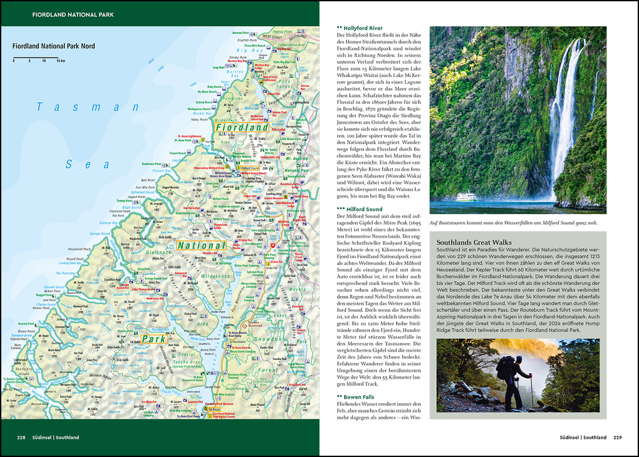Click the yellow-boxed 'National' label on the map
(200, 245)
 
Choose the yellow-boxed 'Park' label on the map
(153, 339)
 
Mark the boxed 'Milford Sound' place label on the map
(252, 168)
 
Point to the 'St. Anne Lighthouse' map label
(189, 136)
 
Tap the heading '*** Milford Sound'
(360, 209)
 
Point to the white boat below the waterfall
(466, 197)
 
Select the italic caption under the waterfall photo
(517, 222)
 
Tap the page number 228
(21, 438)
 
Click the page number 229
(617, 438)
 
